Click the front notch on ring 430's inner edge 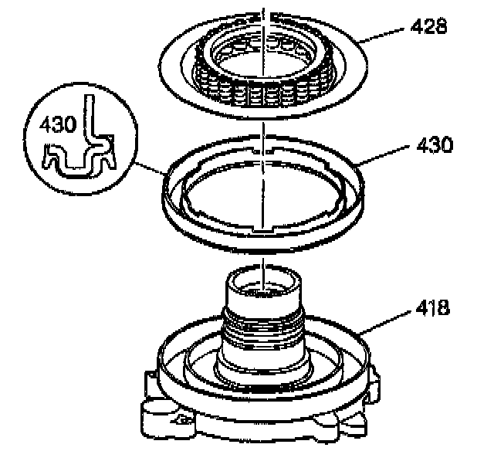point(266,230)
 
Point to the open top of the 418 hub point(263,284)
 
